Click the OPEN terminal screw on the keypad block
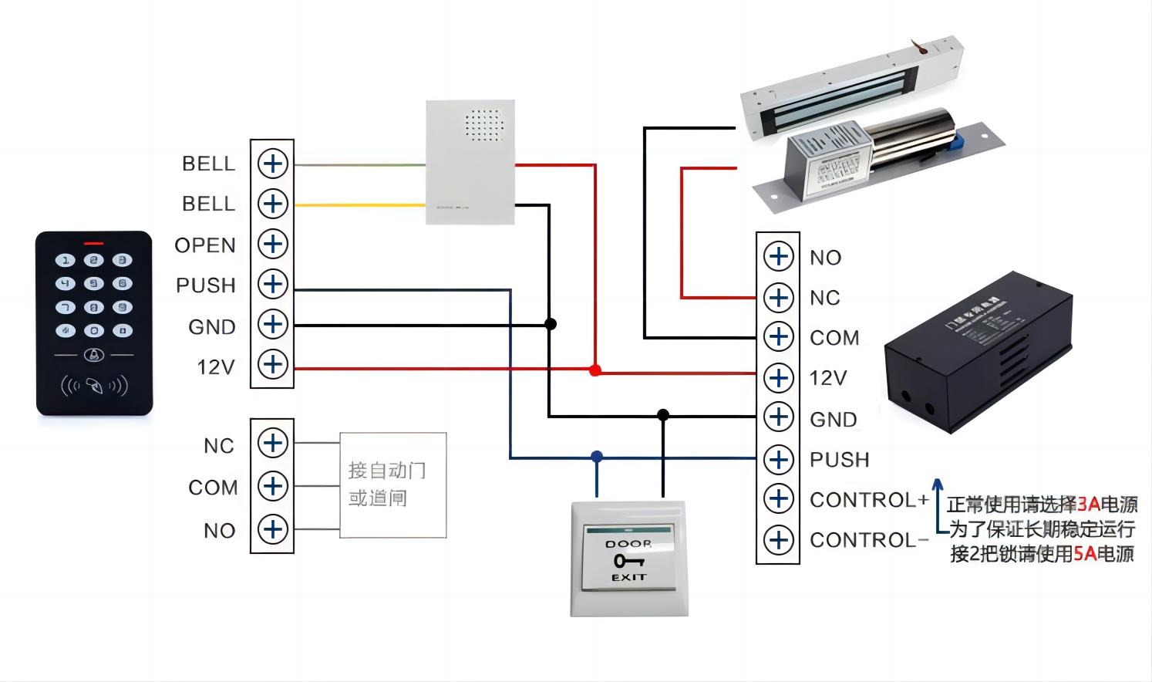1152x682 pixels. pyautogui.click(x=272, y=244)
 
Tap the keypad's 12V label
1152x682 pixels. pyautogui.click(x=215, y=366)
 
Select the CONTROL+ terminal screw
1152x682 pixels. pyautogui.click(x=778, y=498)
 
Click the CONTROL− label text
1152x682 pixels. pyautogui.click(x=869, y=540)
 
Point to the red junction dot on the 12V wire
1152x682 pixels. pyautogui.click(x=595, y=370)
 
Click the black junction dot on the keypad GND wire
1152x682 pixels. pyautogui.click(x=550, y=324)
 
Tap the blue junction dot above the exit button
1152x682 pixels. pyautogui.click(x=596, y=457)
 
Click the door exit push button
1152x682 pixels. pyautogui.click(x=628, y=559)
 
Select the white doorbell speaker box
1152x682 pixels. pyautogui.click(x=470, y=162)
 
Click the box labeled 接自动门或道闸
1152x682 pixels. pyautogui.click(x=392, y=484)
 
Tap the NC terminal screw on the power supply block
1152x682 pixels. pyautogui.click(x=778, y=297)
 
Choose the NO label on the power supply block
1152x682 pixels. pyautogui.click(x=825, y=258)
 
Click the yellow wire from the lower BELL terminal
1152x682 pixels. pyautogui.click(x=359, y=205)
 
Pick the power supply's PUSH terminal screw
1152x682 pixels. pyautogui.click(x=778, y=459)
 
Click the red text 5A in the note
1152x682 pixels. pyautogui.click(x=1085, y=553)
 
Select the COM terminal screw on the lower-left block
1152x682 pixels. pyautogui.click(x=272, y=486)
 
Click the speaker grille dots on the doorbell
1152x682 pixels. pyautogui.click(x=483, y=125)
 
